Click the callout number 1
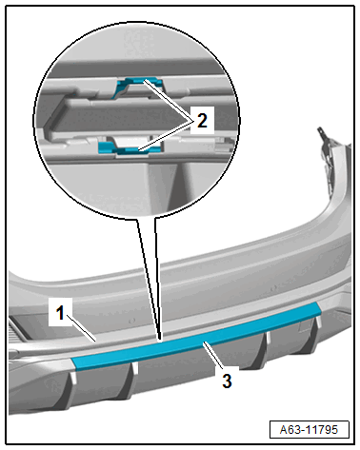60,313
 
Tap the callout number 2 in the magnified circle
202,121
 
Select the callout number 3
227,381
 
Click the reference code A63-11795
309,430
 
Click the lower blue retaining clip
130,148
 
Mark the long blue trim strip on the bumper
196,336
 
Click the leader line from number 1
82,329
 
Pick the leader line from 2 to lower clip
166,136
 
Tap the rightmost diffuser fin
313,336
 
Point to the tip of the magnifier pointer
160,342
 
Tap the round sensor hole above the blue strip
132,321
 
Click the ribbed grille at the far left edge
13,331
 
